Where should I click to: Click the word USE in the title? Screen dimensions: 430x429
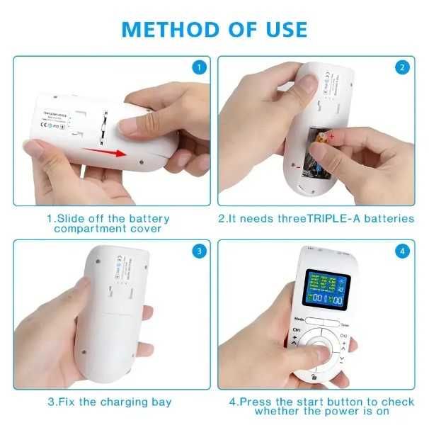(282, 29)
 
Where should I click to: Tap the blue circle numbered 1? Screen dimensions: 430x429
(200, 68)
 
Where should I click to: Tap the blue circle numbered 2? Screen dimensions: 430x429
(403, 68)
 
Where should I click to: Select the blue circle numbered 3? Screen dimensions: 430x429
(200, 251)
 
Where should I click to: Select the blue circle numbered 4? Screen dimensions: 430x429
(403, 251)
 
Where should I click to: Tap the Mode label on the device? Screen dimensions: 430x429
(300, 319)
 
